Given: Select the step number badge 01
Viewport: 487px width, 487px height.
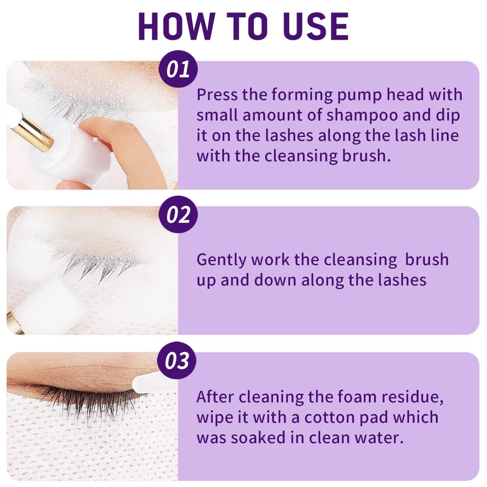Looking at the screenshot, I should coord(178,69).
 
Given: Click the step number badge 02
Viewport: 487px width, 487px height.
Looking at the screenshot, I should coord(178,215).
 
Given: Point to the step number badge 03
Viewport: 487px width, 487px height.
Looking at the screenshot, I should coord(178,361).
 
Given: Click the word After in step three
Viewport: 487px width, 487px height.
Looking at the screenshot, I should coord(215,398).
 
